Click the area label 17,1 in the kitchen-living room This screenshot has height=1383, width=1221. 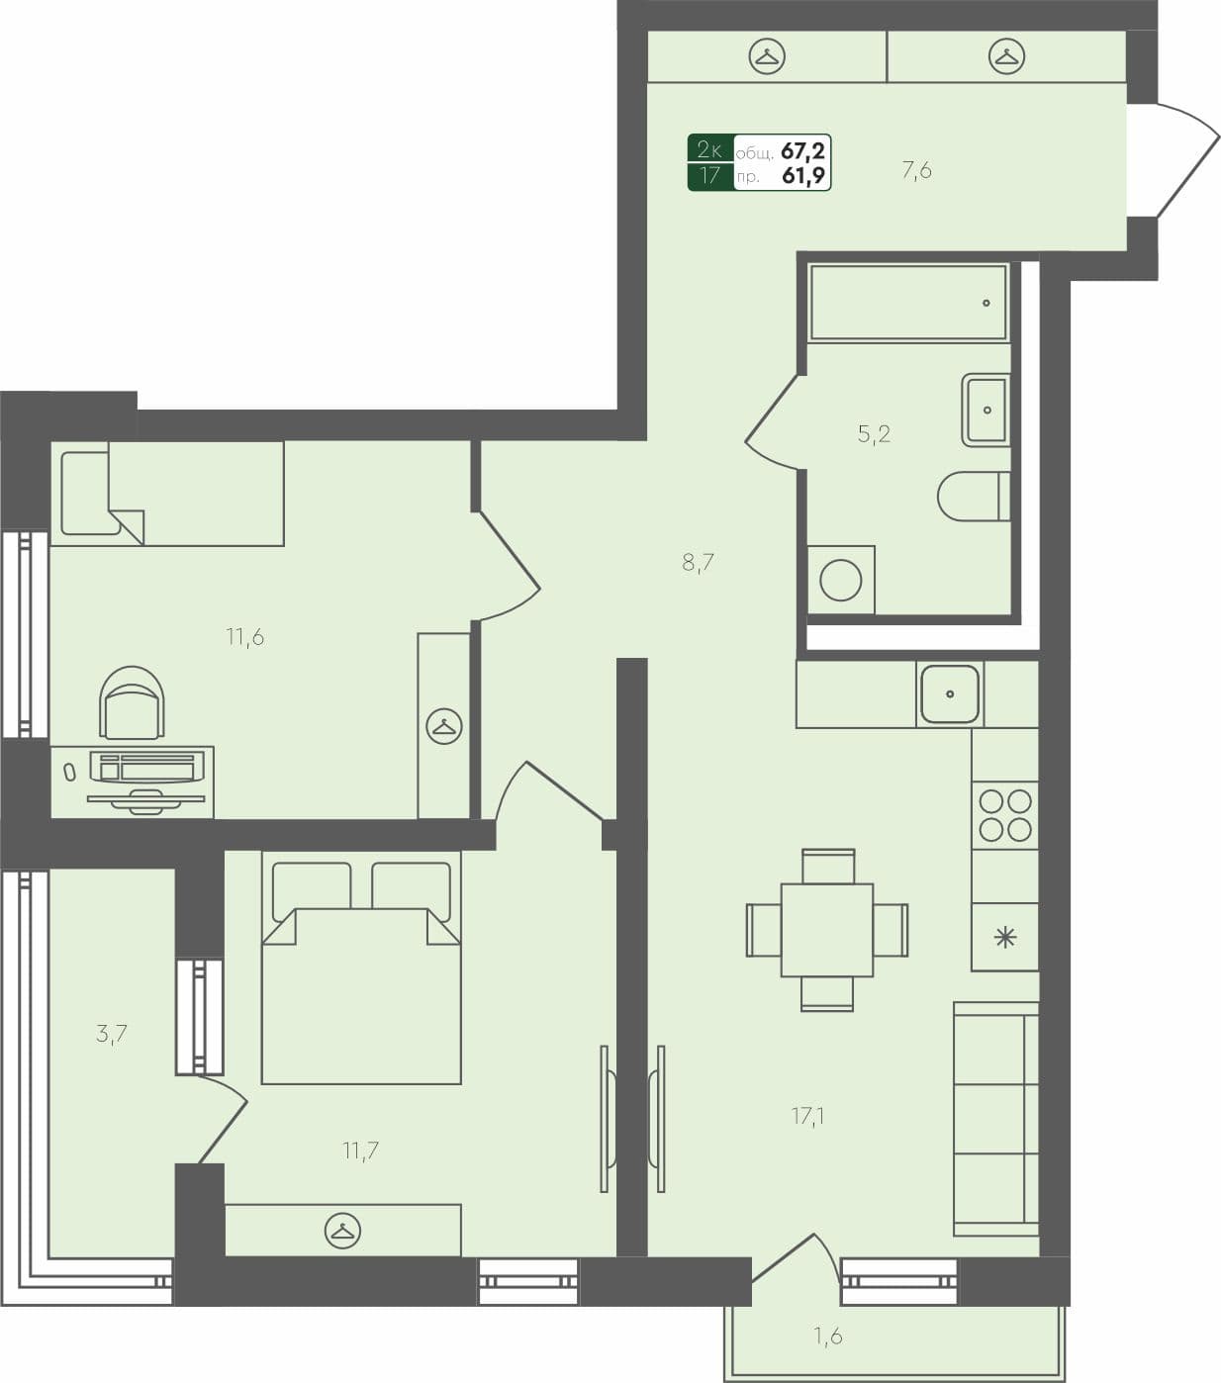(807, 1116)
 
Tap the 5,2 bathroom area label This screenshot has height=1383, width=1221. (874, 433)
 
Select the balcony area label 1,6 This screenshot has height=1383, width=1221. (828, 1337)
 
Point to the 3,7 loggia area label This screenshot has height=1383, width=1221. (111, 1034)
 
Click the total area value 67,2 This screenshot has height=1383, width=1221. (802, 150)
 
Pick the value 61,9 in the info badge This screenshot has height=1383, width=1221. (802, 176)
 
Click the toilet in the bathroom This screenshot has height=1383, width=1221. (973, 496)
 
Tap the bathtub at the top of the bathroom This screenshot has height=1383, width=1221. (907, 302)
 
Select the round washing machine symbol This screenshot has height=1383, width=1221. (840, 580)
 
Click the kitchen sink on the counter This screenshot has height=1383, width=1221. (950, 693)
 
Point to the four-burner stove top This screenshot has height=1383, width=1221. (1004, 815)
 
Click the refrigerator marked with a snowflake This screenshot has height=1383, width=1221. (1004, 936)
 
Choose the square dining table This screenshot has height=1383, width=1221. (827, 930)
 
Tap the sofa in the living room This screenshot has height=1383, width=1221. (995, 1118)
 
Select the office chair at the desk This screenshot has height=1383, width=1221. (132, 702)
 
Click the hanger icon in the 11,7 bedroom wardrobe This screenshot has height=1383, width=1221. (342, 1231)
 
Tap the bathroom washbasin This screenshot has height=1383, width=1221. (986, 410)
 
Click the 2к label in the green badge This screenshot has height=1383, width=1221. (710, 150)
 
